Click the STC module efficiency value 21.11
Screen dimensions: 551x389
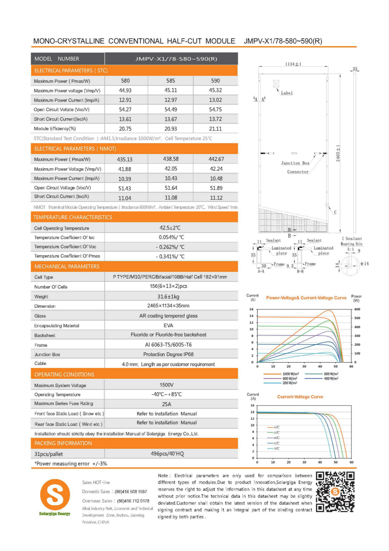pyautogui.click(x=215, y=129)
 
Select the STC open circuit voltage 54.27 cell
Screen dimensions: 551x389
pyautogui.click(x=125, y=110)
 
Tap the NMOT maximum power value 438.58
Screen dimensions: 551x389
pyautogui.click(x=171, y=159)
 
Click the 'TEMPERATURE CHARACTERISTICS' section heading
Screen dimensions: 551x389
pyautogui.click(x=73, y=217)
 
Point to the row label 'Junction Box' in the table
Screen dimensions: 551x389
pyautogui.click(x=47, y=355)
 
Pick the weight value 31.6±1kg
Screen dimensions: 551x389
pyautogui.click(x=168, y=296)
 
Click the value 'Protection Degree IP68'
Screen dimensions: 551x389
pyautogui.click(x=168, y=354)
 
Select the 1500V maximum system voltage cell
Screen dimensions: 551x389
pyautogui.click(x=166, y=385)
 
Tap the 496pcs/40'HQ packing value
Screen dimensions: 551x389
pyautogui.click(x=167, y=454)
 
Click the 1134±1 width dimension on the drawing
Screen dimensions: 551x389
pyautogui.click(x=293, y=64)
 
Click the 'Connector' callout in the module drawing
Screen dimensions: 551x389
pyautogui.click(x=298, y=172)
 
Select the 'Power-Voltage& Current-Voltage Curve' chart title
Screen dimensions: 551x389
pyautogui.click(x=306, y=298)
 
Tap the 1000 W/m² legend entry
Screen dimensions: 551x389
pyautogui.click(x=290, y=374)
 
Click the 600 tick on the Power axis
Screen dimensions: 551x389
pyautogui.click(x=357, y=309)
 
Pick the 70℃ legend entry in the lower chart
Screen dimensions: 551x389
pyautogui.click(x=276, y=448)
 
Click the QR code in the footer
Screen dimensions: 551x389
pyautogui.click(x=335, y=492)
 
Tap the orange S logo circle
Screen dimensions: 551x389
pyautogui.click(x=55, y=495)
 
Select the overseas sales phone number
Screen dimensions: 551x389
pyautogui.click(x=133, y=501)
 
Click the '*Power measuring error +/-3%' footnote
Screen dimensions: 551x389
pyautogui.click(x=71, y=464)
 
